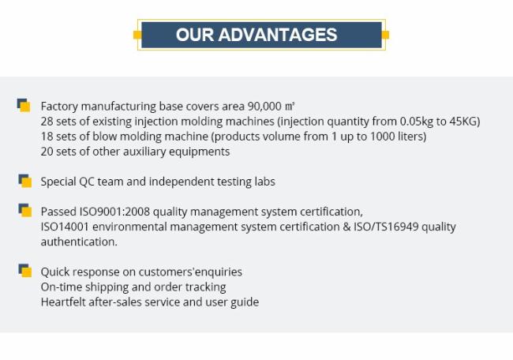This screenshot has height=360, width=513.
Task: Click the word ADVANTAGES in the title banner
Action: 278,35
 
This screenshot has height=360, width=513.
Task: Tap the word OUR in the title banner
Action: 195,35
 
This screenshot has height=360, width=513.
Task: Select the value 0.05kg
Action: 417,122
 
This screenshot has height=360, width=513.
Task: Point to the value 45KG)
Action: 465,122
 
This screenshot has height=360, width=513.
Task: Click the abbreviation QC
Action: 86,182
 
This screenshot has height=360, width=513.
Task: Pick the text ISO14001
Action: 65,227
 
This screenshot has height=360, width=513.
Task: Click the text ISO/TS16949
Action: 386,227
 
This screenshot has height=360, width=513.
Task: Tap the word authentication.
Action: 79,242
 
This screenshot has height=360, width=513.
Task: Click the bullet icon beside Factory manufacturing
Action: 24,105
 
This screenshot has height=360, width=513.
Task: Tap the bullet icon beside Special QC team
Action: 25,181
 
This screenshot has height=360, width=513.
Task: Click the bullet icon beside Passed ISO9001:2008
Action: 25,211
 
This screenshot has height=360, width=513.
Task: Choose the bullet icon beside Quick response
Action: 25,271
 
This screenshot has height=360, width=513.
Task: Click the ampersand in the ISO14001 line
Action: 346,227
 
